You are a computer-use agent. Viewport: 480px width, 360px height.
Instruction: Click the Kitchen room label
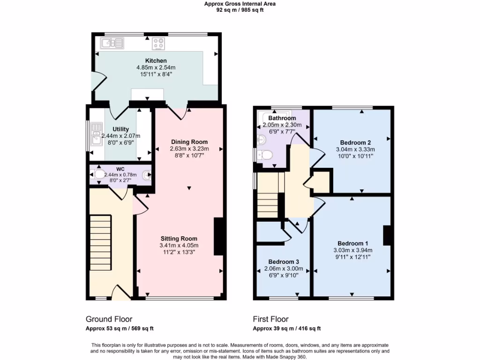point(156,61)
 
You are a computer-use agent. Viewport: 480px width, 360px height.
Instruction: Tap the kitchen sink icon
point(112,44)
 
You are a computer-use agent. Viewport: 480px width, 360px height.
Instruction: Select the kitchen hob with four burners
point(159,44)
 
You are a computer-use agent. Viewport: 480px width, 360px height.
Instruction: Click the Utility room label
point(120,129)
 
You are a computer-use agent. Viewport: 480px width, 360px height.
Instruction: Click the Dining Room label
point(189,142)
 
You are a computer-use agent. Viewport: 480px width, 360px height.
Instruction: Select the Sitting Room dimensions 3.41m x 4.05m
point(179,245)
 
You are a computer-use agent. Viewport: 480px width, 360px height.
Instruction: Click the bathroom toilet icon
point(266,155)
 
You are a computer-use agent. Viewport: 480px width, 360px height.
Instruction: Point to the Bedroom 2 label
point(355,142)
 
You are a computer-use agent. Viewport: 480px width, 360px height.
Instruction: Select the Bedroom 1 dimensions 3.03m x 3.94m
point(352,250)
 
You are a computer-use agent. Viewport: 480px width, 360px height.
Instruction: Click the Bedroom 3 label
point(284,262)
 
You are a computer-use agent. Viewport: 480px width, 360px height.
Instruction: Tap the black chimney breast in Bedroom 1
point(387,235)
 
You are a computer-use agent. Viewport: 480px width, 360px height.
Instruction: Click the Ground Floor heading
point(109,319)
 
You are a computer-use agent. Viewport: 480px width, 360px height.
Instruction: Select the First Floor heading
point(270,319)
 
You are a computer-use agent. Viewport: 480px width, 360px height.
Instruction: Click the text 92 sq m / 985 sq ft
point(240,10)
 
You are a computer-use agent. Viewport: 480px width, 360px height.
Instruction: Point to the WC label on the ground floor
point(120,168)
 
